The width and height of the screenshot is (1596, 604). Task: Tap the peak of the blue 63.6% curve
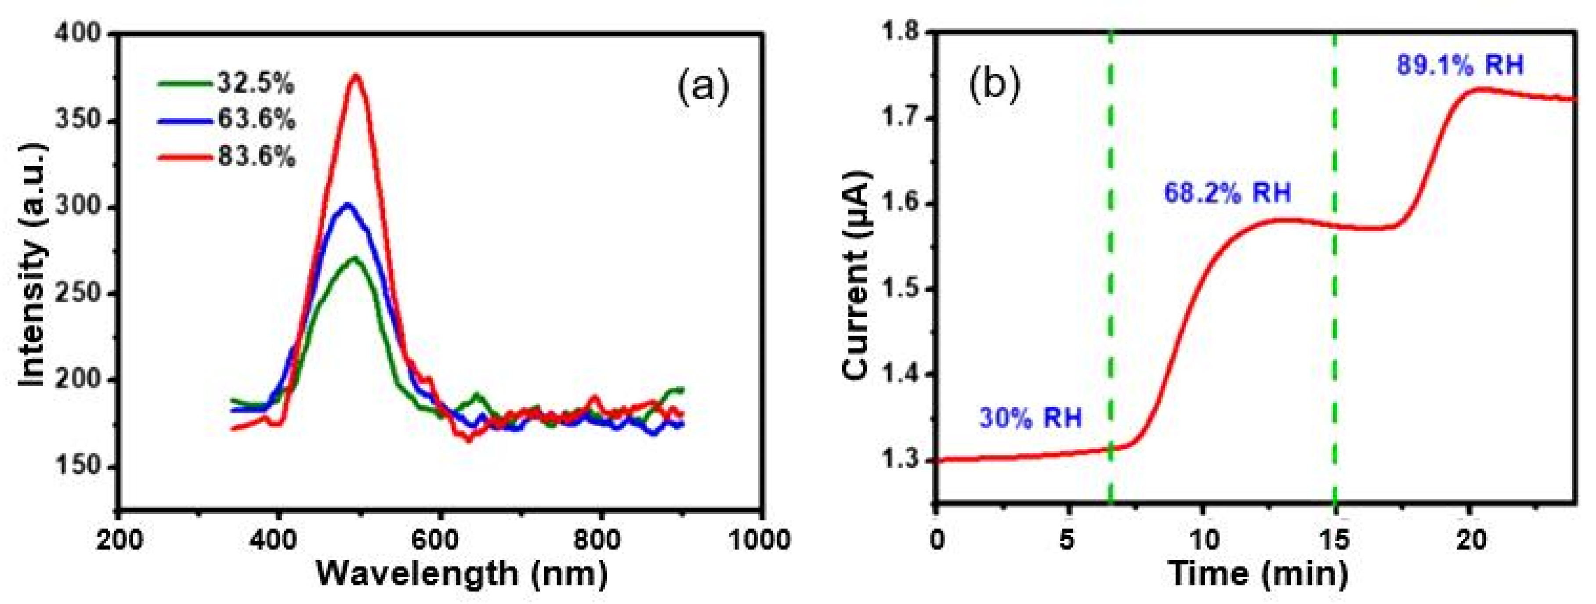347,204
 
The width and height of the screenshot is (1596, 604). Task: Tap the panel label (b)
994,87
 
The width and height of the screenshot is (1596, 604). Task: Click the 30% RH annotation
1030,418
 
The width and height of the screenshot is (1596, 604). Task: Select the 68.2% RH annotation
1227,193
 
